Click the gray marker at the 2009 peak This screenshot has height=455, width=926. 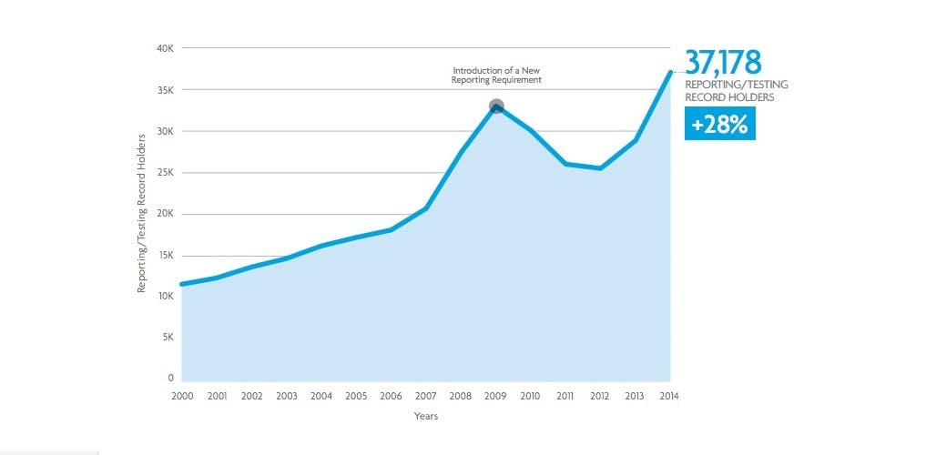tap(496, 106)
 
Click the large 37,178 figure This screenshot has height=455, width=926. tap(723, 63)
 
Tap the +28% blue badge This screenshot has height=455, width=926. tap(718, 125)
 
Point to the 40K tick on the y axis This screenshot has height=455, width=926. tap(165, 48)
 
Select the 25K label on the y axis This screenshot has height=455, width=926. tap(165, 173)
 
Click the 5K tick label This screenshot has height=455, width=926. tap(168, 338)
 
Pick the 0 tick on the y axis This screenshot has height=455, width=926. tap(170, 378)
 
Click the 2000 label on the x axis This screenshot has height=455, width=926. tap(181, 396)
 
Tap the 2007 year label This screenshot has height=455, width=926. tap(425, 396)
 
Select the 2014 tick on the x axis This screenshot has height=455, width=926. tap(670, 396)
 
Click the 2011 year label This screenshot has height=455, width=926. tap(565, 396)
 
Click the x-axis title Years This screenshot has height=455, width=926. tap(425, 418)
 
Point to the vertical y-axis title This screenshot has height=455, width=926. tap(141, 214)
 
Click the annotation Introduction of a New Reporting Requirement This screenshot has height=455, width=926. tap(496, 76)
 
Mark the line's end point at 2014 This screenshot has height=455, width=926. tap(670, 73)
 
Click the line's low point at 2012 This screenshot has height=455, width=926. tap(600, 168)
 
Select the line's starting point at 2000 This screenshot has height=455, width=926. tap(182, 284)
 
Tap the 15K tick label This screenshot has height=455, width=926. tap(165, 256)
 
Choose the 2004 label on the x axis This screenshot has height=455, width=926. tap(321, 396)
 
